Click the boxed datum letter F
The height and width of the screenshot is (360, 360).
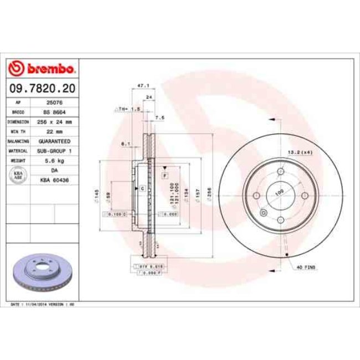(x=164, y=175)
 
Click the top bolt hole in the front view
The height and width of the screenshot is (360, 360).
(x=280, y=172)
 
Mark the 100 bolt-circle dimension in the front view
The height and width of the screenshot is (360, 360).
(x=279, y=192)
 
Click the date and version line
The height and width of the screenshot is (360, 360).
(x=43, y=305)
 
